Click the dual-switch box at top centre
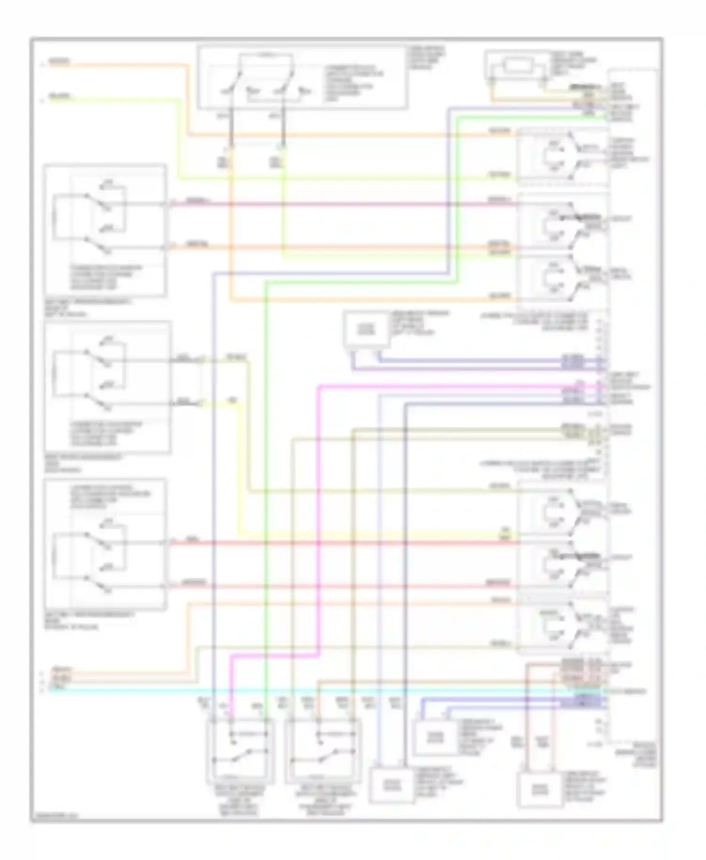tap(302, 78)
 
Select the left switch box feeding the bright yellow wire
tap(107, 387)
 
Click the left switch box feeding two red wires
tap(105, 543)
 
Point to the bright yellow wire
tap(240, 470)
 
